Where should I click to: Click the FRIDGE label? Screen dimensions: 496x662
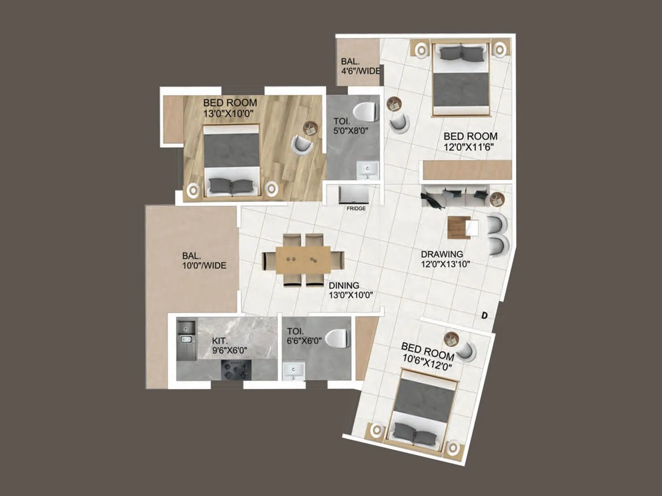[x=356, y=209]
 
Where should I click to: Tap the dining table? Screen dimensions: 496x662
[x=303, y=260]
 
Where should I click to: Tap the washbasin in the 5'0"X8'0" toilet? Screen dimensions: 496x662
[x=368, y=169]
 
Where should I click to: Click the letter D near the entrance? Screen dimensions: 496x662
[x=485, y=316]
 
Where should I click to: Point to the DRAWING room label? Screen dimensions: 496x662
[x=442, y=254]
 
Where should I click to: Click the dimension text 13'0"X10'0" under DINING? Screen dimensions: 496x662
[x=351, y=295]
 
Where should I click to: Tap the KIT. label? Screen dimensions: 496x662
[x=220, y=341]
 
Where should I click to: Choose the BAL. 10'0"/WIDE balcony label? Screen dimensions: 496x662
[x=204, y=261]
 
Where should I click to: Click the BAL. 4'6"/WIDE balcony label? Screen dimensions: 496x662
[x=359, y=66]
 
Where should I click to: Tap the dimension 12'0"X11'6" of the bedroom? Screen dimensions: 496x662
[x=469, y=146]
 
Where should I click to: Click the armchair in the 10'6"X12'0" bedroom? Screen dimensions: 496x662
[x=467, y=351]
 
